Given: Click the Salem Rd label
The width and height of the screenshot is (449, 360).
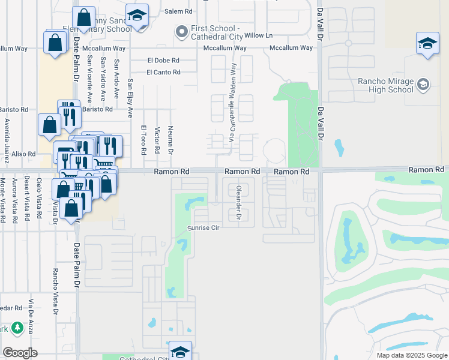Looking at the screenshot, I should click(178, 11).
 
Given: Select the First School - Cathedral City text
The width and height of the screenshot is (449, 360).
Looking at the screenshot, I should click(214, 32).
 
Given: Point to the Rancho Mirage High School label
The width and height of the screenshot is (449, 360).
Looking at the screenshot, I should click(385, 85).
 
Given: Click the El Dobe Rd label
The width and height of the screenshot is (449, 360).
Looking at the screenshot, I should click(163, 60).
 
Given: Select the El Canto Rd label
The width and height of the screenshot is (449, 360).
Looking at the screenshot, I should click(164, 72).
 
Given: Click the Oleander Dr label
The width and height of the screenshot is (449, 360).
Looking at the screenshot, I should click(238, 203).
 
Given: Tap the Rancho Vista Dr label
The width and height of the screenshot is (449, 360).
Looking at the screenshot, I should click(55, 292).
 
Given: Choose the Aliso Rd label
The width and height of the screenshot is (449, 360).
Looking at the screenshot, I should click(25, 154).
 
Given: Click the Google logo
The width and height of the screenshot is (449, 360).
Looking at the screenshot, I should click(20, 352).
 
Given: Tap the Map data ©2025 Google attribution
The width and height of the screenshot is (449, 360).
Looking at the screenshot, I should click(411, 355).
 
